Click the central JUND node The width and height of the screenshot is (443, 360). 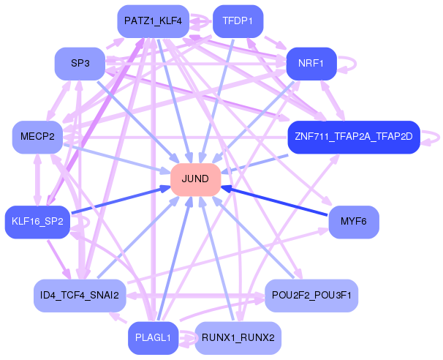(x=196, y=179)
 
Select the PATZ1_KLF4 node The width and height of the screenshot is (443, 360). (x=153, y=21)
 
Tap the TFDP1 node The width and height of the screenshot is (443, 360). (x=238, y=21)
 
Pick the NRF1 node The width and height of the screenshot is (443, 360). (x=311, y=64)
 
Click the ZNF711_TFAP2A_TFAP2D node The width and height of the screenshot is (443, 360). (x=353, y=137)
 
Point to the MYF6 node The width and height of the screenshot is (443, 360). (x=354, y=221)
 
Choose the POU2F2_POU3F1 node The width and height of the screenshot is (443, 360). (x=311, y=295)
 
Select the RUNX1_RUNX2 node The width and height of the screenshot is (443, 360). (x=238, y=337)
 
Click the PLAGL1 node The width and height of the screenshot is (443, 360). (x=153, y=337)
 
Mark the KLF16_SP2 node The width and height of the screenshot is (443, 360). (x=38, y=221)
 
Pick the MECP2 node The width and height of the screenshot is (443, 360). (x=38, y=137)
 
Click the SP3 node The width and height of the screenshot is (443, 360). (x=80, y=64)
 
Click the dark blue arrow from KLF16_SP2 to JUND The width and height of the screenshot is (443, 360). (x=117, y=200)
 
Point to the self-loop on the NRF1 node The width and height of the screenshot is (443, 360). (x=349, y=64)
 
